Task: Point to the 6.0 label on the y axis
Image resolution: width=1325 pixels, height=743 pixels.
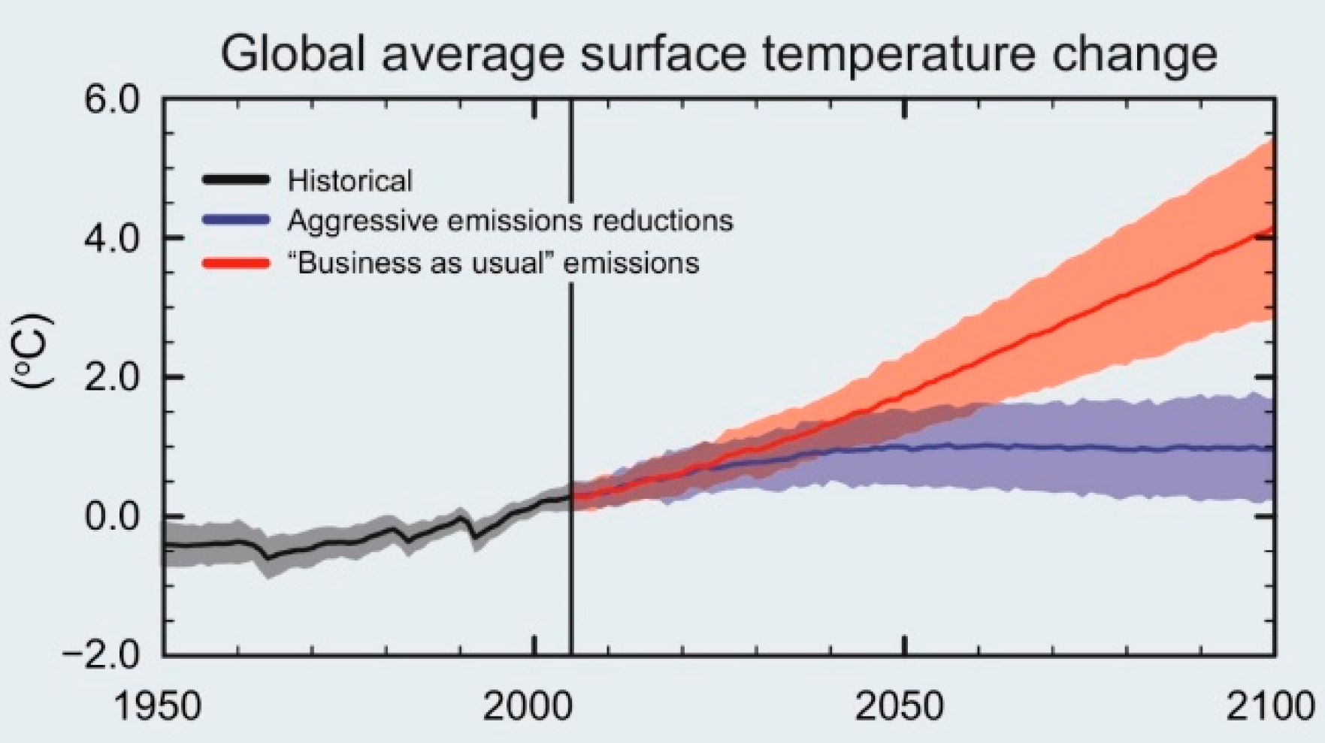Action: pos(111,100)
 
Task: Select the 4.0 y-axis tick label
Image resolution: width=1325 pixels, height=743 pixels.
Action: pos(111,239)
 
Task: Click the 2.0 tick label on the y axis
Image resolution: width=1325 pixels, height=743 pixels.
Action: pos(111,378)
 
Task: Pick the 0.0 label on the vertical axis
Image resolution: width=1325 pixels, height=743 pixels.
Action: pos(111,517)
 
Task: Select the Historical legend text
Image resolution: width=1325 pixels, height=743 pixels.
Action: pos(349,180)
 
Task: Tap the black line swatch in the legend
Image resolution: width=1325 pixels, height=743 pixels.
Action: pos(235,180)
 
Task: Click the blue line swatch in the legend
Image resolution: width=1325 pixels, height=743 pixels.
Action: pos(235,220)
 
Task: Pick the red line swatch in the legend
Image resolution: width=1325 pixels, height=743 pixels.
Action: pos(235,263)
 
